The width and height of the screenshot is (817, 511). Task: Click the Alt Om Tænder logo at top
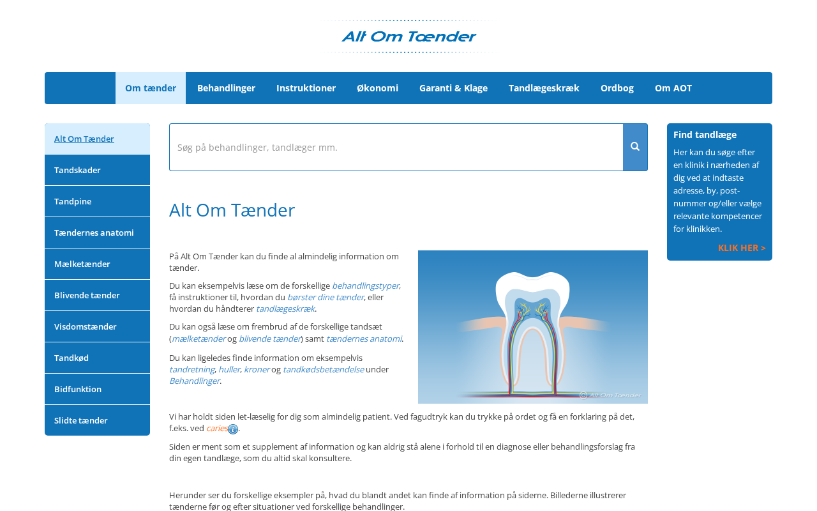408,36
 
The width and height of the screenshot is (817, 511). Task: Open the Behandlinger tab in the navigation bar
226,88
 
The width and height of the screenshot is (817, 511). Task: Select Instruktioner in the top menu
306,88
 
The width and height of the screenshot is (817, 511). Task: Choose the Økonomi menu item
377,88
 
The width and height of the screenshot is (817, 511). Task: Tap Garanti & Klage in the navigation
453,88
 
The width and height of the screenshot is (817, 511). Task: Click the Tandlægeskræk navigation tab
544,88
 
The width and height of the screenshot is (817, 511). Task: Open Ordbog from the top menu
617,88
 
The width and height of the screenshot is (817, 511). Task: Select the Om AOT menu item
673,88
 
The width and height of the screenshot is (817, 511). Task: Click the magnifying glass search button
635,147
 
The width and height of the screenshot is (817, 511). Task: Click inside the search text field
396,147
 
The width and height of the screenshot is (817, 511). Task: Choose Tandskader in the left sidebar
97,170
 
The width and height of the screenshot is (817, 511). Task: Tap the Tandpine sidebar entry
97,201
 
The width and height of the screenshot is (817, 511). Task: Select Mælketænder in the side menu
97,264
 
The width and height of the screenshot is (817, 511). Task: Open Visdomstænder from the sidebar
97,326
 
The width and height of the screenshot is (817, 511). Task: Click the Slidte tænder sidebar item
97,420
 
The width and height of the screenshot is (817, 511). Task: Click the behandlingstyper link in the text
365,286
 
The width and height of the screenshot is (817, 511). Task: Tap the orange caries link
216,428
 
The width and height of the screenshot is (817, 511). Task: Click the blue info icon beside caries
233,429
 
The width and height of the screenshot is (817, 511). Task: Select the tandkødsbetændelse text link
323,369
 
